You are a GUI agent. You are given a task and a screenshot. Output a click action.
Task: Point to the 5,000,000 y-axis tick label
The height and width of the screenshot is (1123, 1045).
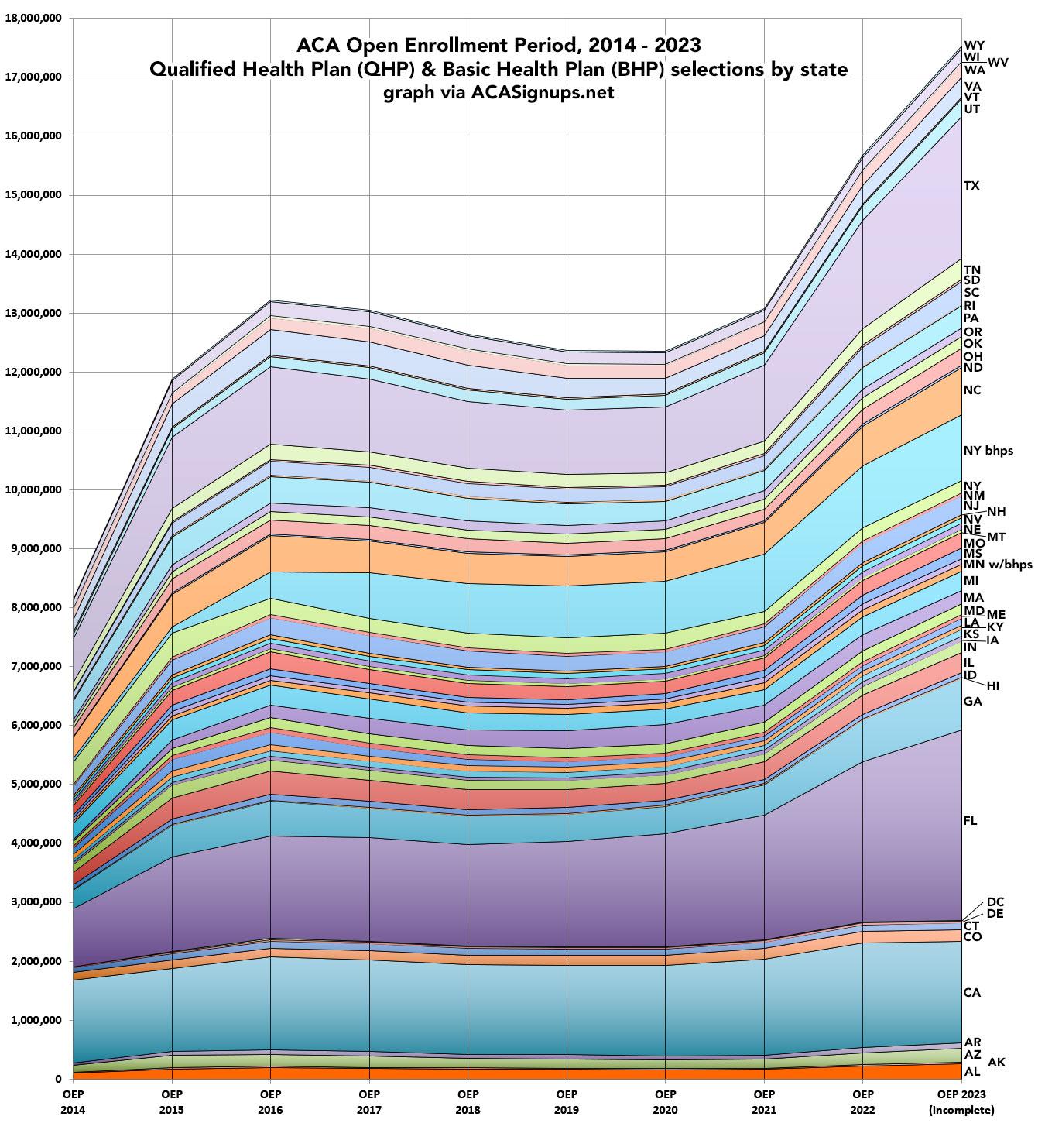pyautogui.click(x=36, y=784)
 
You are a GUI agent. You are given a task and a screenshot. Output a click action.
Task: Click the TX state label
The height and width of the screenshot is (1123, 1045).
pyautogui.click(x=971, y=186)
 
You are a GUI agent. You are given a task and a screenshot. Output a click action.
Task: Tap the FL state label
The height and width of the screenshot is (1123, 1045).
pyautogui.click(x=971, y=821)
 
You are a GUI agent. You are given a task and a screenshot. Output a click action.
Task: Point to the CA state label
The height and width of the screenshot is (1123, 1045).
pyautogui.click(x=971, y=992)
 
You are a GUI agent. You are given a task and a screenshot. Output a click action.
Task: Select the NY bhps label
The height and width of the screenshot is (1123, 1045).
pyautogui.click(x=988, y=450)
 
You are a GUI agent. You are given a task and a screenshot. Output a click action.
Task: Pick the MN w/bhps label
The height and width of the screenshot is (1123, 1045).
pyautogui.click(x=997, y=565)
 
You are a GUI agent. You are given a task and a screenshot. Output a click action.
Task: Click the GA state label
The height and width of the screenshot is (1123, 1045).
pyautogui.click(x=972, y=701)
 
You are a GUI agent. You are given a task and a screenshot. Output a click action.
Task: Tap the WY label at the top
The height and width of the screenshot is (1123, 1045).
pyautogui.click(x=974, y=46)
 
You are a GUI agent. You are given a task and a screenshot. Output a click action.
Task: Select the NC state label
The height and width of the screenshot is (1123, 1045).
pyautogui.click(x=972, y=390)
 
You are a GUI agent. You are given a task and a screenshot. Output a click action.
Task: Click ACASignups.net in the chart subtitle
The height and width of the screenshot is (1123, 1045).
pyautogui.click(x=542, y=92)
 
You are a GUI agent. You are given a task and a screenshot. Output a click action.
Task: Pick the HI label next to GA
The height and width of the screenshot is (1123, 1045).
pyautogui.click(x=994, y=685)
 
